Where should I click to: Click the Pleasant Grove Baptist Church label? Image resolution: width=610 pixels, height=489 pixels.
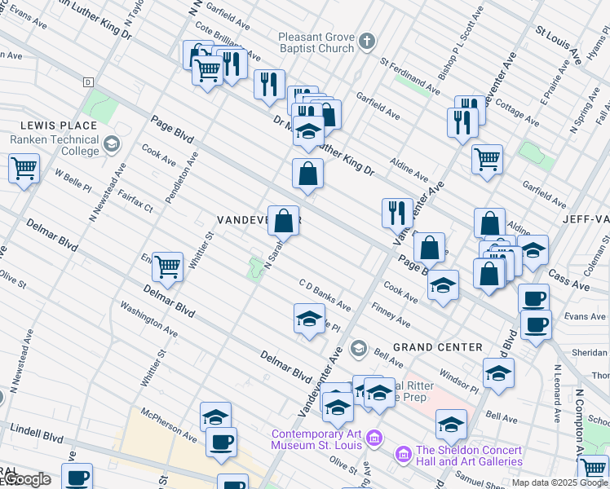coord(316,42)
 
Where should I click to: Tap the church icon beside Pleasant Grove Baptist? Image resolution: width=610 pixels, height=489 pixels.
coord(368,39)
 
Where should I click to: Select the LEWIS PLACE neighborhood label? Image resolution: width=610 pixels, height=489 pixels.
coord(60,126)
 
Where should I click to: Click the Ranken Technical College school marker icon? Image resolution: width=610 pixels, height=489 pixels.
coord(111,145)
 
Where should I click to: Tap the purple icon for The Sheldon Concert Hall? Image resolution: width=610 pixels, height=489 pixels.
coord(402,452)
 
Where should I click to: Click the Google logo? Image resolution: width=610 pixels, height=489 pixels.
coord(26,480)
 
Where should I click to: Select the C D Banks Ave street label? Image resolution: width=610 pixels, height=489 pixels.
coord(325,295)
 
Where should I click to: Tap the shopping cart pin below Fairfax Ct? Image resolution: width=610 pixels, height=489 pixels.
coord(167,266)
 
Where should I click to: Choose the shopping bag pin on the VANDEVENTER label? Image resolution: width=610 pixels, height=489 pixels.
coord(283,220)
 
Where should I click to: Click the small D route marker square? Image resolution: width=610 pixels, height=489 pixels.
coord(88,82)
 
